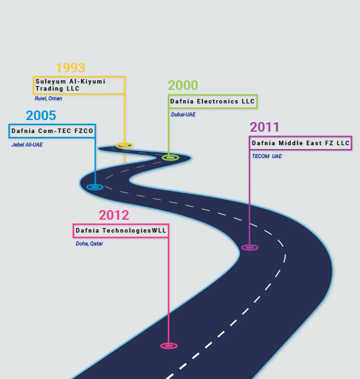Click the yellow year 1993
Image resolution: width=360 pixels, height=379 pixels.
71,68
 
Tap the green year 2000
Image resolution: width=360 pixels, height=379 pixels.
183,85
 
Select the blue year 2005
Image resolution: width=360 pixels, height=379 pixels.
41,116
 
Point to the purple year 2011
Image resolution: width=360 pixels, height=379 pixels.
264,127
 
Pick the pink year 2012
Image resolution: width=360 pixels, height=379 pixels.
114,215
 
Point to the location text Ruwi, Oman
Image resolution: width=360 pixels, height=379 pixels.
48,98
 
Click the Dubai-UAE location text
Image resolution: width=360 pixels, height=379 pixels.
183,114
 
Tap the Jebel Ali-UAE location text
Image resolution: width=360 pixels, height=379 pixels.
27,145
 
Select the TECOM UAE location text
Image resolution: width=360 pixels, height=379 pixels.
267,156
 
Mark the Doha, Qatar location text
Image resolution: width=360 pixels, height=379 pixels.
89,243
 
